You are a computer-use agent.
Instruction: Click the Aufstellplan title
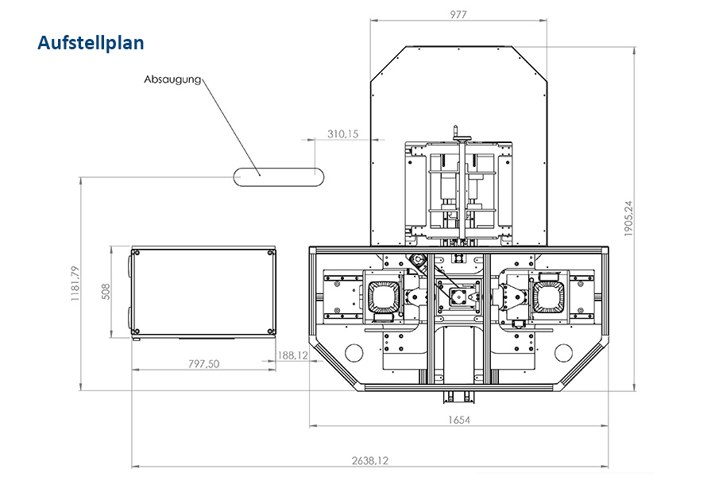[91, 43]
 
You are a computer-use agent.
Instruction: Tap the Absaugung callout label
[172, 79]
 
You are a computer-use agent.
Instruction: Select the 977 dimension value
[458, 14]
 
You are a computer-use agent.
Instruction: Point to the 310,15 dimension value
[343, 134]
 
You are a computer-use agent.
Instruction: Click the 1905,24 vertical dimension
[628, 218]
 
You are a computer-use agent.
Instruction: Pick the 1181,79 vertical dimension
[75, 284]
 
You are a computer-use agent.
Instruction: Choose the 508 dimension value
[106, 292]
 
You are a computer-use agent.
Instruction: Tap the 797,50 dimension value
[203, 364]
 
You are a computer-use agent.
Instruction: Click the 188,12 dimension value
[292, 355]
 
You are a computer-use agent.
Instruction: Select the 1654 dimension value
[458, 420]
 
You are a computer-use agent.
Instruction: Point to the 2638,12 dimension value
[369, 460]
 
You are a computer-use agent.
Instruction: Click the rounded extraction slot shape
[279, 177]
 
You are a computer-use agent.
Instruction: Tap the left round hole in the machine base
[354, 352]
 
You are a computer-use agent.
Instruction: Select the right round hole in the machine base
[563, 352]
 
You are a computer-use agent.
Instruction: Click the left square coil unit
[384, 297]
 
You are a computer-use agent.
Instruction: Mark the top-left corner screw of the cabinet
[135, 253]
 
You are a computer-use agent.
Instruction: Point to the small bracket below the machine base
[461, 397]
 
